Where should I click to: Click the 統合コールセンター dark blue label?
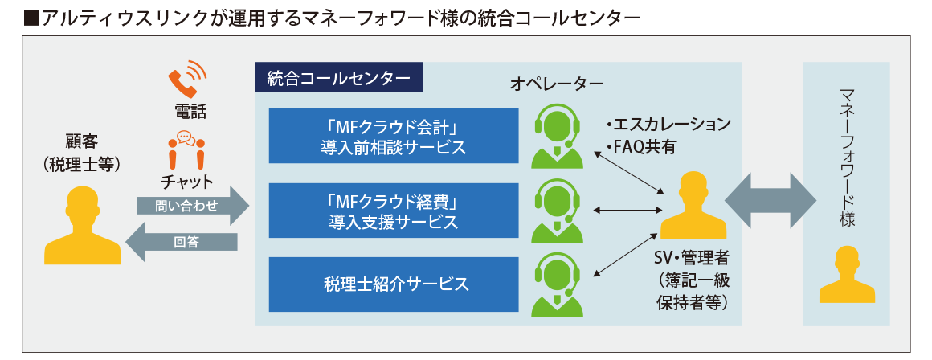pyautogui.click(x=337, y=79)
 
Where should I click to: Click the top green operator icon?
pyautogui.click(x=556, y=136)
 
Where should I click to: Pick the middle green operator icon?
pyautogui.click(x=556, y=210)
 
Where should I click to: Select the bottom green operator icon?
pyautogui.click(x=556, y=284)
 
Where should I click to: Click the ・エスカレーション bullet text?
pyautogui.click(x=668, y=125)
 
